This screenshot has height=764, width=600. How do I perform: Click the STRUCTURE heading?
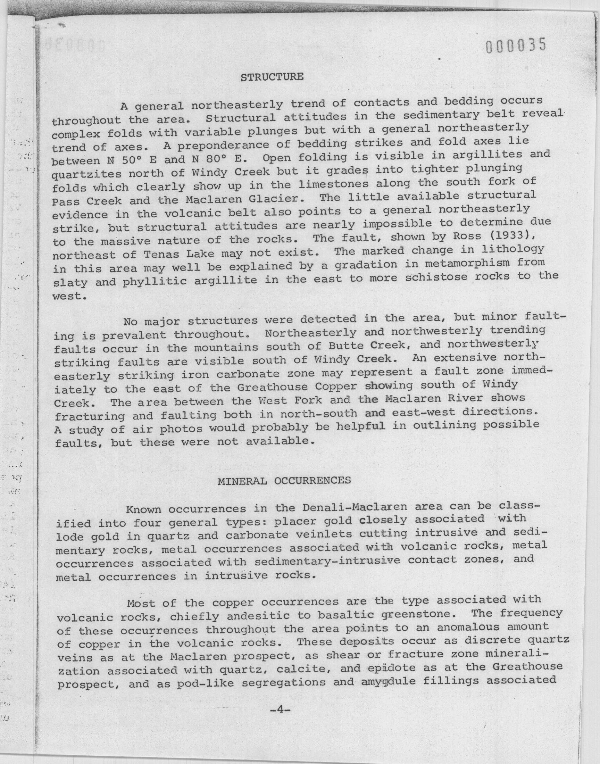(272, 77)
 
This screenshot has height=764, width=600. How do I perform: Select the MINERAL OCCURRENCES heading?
(284, 481)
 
